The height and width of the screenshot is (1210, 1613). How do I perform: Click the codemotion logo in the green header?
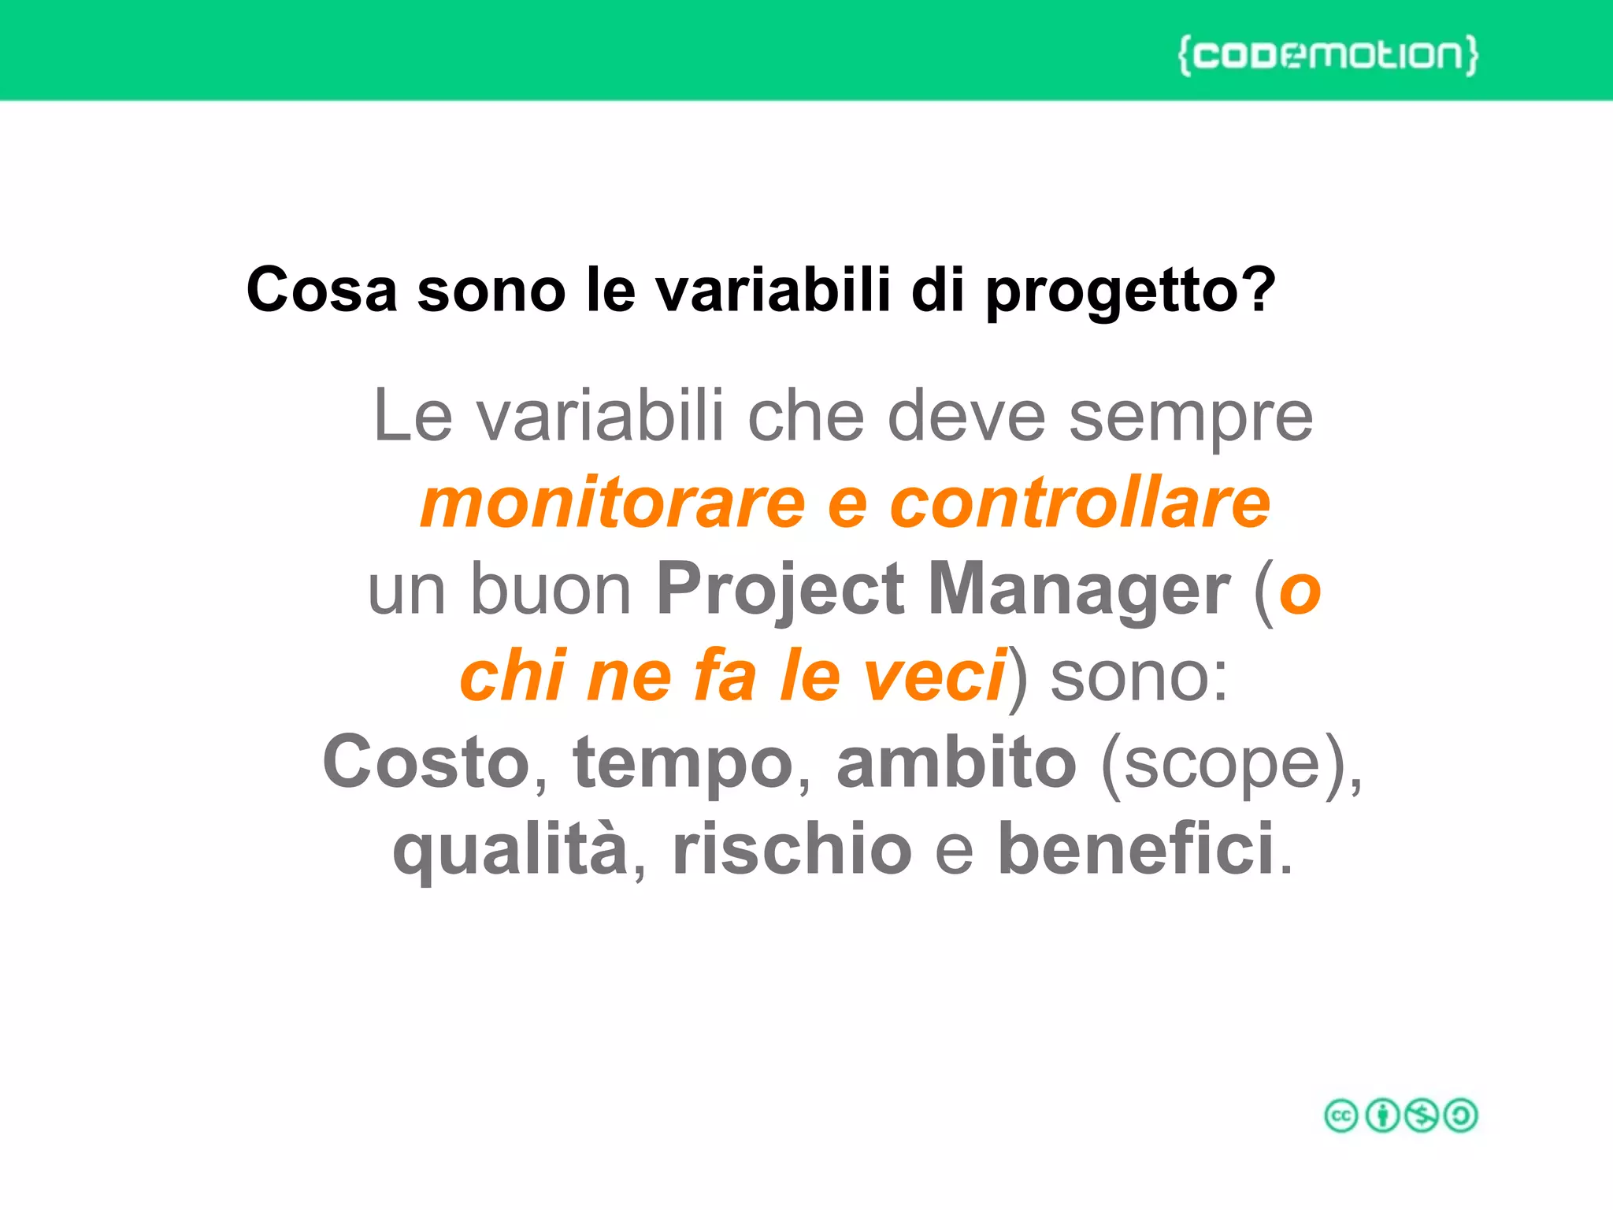point(1328,55)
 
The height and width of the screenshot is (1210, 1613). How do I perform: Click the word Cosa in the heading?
point(321,290)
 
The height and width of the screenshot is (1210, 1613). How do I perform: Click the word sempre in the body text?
point(1190,418)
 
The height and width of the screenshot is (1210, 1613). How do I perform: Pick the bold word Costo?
point(426,763)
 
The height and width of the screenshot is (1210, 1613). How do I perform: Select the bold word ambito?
point(956,763)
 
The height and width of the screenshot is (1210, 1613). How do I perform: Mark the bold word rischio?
point(792,849)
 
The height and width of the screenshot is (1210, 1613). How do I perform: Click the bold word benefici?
point(1136,849)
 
